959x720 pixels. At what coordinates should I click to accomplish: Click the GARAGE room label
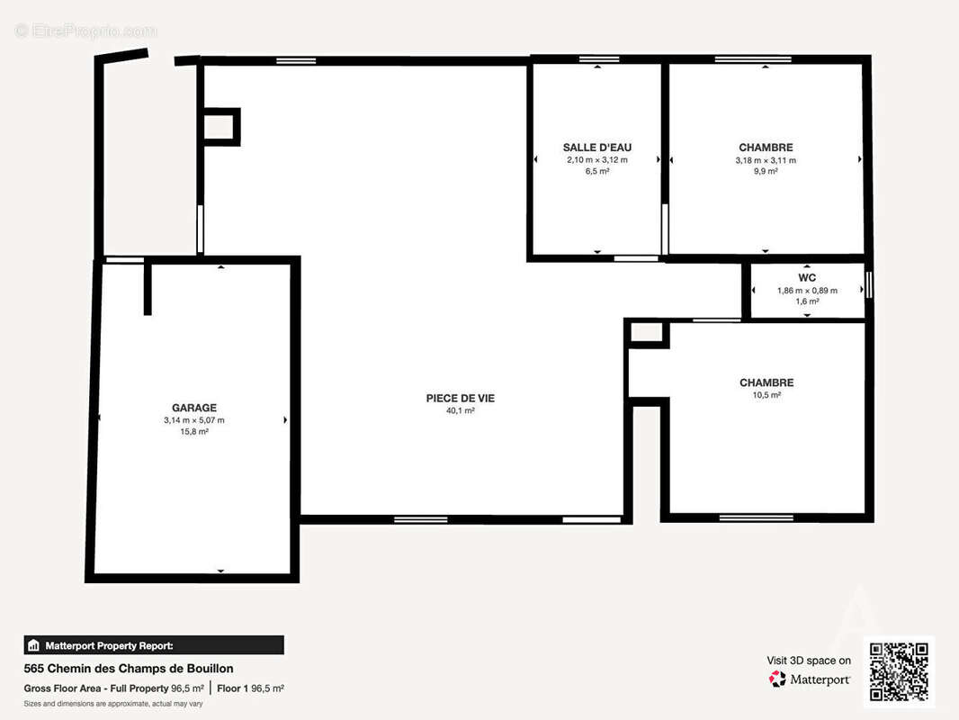[194, 408]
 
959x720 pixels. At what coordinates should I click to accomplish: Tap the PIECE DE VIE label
[461, 398]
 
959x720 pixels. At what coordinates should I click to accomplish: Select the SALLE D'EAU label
[597, 148]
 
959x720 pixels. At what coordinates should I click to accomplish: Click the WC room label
[807, 278]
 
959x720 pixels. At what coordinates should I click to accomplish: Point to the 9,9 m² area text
[766, 171]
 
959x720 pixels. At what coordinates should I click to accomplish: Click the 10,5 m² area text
[766, 395]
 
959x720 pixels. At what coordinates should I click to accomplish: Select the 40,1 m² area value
[461, 410]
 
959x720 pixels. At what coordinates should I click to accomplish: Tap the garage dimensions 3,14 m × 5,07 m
[194, 420]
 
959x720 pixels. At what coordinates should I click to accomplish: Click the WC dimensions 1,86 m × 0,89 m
[807, 291]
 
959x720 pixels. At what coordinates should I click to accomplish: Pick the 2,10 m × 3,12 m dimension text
[597, 159]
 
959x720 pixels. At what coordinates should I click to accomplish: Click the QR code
[899, 671]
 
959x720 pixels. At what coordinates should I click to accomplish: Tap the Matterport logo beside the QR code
[809, 679]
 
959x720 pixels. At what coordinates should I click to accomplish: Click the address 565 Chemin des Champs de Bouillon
[129, 669]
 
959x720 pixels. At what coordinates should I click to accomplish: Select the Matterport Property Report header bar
[154, 645]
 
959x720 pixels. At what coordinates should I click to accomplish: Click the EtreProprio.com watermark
[85, 31]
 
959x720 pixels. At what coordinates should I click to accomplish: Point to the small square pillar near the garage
[220, 127]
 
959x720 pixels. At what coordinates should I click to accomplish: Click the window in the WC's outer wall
[868, 285]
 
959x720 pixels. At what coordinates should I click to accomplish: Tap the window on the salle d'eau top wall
[599, 59]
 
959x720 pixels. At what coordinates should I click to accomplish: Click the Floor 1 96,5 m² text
[250, 688]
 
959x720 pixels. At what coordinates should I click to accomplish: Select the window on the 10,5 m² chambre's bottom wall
[756, 518]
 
